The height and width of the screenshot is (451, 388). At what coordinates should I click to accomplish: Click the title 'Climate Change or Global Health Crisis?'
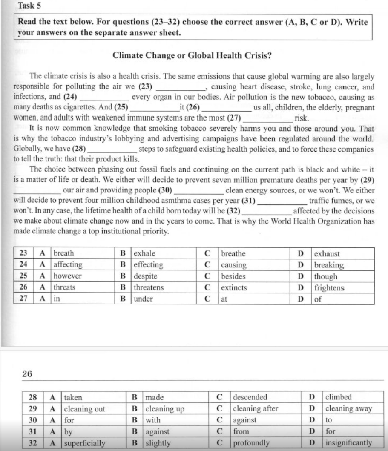[192, 56]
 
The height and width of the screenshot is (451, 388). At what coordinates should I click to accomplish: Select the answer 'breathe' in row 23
[233, 254]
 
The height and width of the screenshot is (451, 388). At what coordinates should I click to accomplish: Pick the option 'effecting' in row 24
[149, 265]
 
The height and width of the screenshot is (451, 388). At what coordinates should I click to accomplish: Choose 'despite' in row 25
[147, 276]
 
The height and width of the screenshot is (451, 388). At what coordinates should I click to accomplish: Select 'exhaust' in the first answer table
[327, 254]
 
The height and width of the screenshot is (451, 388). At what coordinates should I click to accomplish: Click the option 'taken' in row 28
[73, 397]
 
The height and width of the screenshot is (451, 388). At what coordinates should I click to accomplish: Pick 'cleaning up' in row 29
[165, 409]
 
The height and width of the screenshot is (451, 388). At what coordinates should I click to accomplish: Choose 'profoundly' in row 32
[251, 443]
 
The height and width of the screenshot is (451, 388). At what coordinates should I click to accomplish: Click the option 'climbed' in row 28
[339, 397]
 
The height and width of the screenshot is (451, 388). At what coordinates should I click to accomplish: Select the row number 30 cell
[32, 420]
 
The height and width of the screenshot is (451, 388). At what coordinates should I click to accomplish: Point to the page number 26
[27, 374]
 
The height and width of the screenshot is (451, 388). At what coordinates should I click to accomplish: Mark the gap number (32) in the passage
[232, 211]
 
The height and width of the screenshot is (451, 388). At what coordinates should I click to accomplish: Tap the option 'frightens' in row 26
[329, 287]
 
